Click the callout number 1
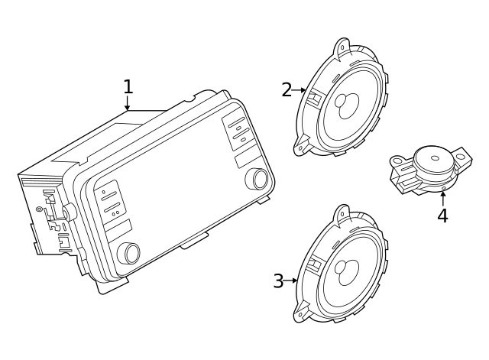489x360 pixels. pyautogui.click(x=128, y=86)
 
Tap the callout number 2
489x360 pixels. pyautogui.click(x=287, y=90)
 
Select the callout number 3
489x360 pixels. pyautogui.click(x=278, y=281)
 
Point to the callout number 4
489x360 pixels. pyautogui.click(x=442, y=216)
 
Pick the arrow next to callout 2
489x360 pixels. pyautogui.click(x=300, y=90)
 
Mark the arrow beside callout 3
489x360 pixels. pyautogui.click(x=292, y=281)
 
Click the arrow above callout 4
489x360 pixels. pyautogui.click(x=442, y=197)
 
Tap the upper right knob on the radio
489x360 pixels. pyautogui.click(x=257, y=178)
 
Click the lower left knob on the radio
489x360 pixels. pyautogui.click(x=128, y=252)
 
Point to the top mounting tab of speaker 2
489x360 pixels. pyautogui.click(x=342, y=47)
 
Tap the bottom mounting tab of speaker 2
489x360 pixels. pyautogui.click(x=302, y=148)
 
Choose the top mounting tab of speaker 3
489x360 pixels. pyautogui.click(x=342, y=213)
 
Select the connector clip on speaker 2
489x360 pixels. pyautogui.click(x=313, y=97)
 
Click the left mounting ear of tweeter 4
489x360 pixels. pyautogui.click(x=398, y=161)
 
